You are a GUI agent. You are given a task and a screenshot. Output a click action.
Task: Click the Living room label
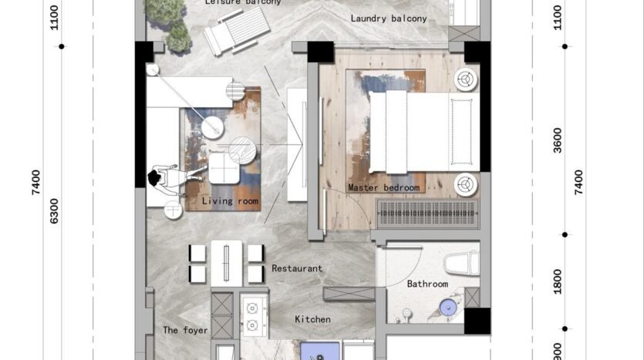pyautogui.click(x=230, y=202)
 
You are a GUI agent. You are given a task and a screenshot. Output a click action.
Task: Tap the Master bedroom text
pyautogui.click(x=383, y=188)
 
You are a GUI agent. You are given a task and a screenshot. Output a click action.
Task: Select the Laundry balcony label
pyautogui.click(x=388, y=18)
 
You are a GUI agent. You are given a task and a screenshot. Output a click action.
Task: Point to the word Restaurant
pyautogui.click(x=297, y=269)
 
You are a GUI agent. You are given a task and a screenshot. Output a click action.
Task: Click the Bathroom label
pyautogui.click(x=427, y=284)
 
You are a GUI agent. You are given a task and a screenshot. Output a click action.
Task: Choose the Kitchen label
pyautogui.click(x=312, y=319)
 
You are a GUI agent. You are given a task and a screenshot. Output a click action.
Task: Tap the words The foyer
pyautogui.click(x=185, y=331)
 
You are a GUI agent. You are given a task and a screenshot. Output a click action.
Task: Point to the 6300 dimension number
pyautogui.click(x=53, y=210)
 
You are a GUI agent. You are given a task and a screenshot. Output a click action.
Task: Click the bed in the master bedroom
pyautogui.click(x=422, y=132)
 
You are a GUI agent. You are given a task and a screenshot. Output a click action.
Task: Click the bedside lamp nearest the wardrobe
pyautogui.click(x=465, y=185)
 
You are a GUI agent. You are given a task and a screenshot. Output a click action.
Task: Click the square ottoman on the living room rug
pyautogui.click(x=223, y=167)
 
